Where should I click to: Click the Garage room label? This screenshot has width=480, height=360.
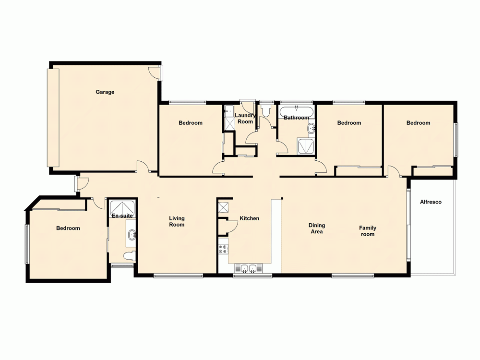click(105, 92)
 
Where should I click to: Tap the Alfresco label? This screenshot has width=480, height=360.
click(430, 202)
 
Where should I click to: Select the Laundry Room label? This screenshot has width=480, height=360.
click(245, 119)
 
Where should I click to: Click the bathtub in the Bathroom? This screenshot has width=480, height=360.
click(296, 111)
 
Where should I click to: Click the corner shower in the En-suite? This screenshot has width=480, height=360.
click(122, 207)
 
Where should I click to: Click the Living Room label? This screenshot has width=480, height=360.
click(177, 221)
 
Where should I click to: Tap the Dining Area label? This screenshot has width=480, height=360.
click(316, 228)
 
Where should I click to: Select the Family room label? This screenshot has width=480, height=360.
click(368, 231)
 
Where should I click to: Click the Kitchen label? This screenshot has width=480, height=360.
click(249, 218)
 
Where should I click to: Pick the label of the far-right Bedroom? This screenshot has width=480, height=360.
click(418, 123)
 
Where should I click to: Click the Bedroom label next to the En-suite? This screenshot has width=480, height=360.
click(68, 228)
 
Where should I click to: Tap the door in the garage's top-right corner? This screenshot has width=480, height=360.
click(155, 72)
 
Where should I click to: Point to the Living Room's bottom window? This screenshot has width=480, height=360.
click(178, 276)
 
